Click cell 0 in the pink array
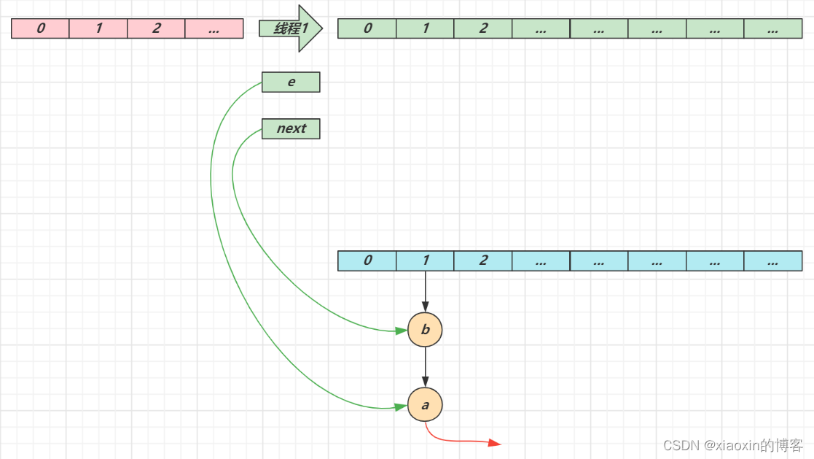[40, 29]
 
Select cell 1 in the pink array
[98, 29]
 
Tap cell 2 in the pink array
[156, 29]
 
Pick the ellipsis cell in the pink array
[214, 29]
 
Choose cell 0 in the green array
[367, 29]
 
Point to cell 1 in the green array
[426, 29]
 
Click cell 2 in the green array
[483, 29]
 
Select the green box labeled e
[291, 82]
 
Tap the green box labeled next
[291, 128]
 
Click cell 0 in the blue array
[367, 261]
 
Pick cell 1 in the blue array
[426, 261]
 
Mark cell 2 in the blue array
[483, 261]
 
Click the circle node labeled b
[426, 330]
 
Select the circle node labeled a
[426, 404]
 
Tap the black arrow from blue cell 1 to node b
[426, 292]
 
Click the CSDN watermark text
[733, 444]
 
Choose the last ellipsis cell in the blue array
[773, 261]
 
